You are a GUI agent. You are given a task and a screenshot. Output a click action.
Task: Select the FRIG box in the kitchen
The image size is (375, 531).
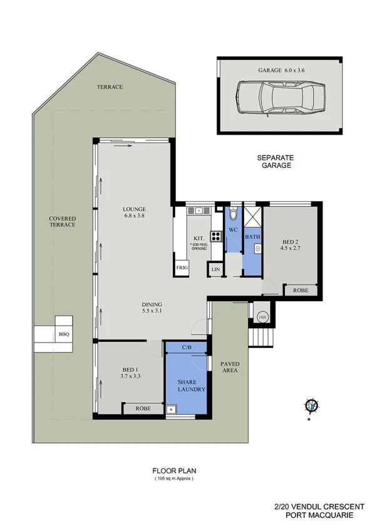click(181, 268)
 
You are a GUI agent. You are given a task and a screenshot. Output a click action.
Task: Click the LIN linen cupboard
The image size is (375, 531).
click(216, 269)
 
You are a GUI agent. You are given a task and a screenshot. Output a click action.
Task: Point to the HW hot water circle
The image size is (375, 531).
click(262, 317)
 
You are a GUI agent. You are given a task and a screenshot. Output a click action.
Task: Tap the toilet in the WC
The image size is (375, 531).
click(233, 215)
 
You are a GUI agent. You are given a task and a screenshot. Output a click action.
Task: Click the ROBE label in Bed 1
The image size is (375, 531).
click(145, 408)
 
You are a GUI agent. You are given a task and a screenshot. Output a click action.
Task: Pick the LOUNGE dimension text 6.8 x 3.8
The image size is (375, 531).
click(135, 217)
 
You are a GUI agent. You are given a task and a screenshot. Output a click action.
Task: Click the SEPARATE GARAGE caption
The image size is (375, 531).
click(275, 162)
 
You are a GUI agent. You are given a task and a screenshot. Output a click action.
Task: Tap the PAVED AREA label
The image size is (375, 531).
click(231, 368)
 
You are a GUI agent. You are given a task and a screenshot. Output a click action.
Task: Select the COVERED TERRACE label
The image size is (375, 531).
click(63, 222)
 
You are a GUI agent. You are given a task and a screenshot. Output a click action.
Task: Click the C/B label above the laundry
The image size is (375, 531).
click(187, 347)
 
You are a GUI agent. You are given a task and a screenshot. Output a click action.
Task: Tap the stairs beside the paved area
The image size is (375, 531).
click(258, 339)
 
